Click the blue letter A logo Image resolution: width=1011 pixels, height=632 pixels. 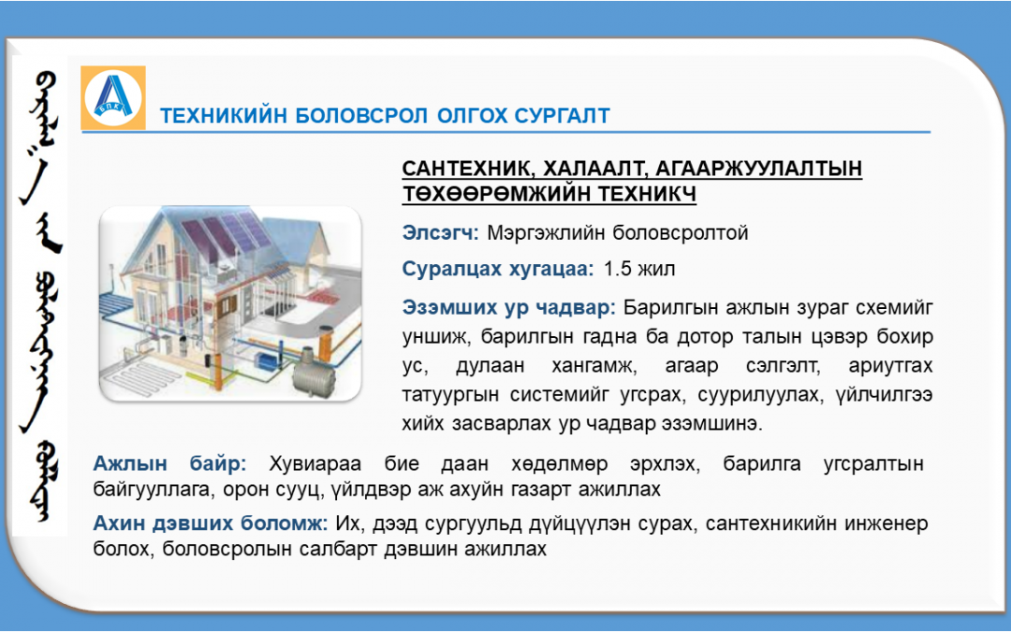tap(113, 98)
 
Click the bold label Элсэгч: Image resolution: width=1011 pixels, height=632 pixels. tap(440, 232)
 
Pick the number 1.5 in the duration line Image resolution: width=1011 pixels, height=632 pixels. tap(618, 269)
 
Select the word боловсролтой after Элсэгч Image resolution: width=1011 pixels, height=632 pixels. tap(681, 232)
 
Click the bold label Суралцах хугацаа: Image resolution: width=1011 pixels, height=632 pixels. tap(498, 269)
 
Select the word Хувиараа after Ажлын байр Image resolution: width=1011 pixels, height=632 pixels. tap(315, 463)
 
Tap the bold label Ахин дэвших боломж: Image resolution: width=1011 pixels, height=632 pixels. tap(211, 523)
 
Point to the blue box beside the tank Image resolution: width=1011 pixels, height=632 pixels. tap(265, 358)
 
